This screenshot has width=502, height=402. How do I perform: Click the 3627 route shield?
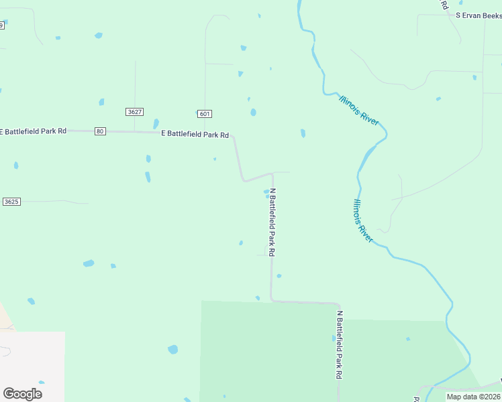click(x=134, y=112)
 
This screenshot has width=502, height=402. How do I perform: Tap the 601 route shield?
click(x=205, y=113)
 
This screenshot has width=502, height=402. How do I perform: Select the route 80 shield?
click(x=100, y=131)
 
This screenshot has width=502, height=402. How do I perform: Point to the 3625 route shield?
click(x=11, y=202)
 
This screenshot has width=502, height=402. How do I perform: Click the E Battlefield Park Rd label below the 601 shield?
click(x=195, y=135)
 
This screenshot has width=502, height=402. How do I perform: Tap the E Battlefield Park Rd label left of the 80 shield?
click(x=34, y=131)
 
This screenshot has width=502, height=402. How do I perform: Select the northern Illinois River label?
click(x=360, y=109)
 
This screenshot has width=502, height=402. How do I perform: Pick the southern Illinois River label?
click(x=363, y=220)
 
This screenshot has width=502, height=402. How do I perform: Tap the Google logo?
click(x=22, y=393)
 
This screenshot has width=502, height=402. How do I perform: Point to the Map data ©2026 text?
click(x=472, y=397)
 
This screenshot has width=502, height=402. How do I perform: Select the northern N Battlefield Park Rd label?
click(x=272, y=222)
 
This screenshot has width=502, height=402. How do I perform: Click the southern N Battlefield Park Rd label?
click(x=339, y=345)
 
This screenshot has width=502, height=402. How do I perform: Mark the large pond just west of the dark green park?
click(x=173, y=349)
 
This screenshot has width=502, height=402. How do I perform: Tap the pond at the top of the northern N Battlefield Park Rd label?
click(x=266, y=192)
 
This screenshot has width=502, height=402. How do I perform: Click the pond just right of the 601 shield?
click(x=253, y=113)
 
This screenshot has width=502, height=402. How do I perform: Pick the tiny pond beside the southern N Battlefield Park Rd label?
click(x=334, y=339)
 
